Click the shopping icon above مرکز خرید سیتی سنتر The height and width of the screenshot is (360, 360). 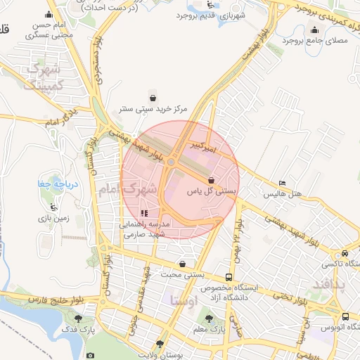tap(153, 98)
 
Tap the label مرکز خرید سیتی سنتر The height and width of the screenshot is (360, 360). tap(153, 110)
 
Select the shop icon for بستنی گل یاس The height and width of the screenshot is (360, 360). tap(211, 181)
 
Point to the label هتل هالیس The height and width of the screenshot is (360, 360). tap(285, 193)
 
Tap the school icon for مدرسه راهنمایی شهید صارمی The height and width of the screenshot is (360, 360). tap(144, 213)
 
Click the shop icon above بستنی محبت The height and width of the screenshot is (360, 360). tap(183, 264)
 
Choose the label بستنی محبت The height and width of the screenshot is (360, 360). tap(182, 274)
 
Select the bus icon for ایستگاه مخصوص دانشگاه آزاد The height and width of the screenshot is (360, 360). tap(229, 278)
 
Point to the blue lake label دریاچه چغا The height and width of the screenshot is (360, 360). tap(52, 184)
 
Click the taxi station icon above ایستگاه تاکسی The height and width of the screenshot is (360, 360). tap(344, 254)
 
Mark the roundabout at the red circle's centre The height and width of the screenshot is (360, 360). tap(172, 163)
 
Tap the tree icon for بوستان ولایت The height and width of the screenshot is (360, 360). tap(160, 344)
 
